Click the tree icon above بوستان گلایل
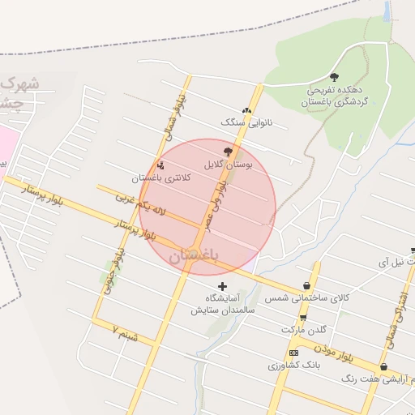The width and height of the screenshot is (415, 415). (228, 151)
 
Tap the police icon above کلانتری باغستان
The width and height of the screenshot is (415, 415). (160, 165)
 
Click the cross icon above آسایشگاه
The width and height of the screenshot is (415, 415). (223, 286)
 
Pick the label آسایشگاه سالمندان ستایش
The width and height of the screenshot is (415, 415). (223, 304)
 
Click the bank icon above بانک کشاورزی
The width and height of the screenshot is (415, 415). (293, 353)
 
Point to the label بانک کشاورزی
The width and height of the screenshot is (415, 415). (295, 366)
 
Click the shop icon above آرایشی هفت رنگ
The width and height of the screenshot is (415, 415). (383, 366)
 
